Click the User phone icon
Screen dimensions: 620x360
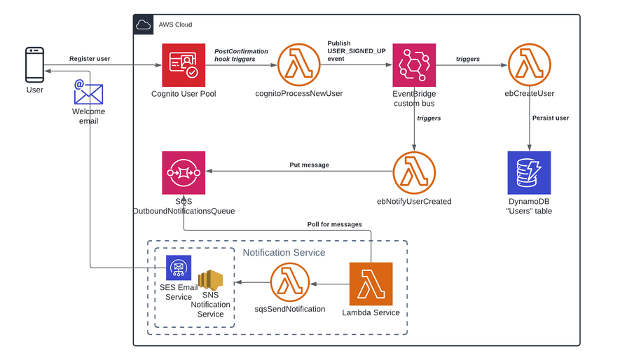[x=35, y=65]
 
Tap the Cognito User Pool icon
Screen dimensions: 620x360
[x=184, y=65]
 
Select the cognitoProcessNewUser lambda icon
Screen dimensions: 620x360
[x=298, y=65]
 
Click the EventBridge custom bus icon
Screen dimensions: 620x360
[x=414, y=65]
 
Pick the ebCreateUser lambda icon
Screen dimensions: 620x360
[x=529, y=65]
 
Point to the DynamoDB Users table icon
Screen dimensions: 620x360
[x=529, y=173]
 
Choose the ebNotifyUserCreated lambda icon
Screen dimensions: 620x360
[x=414, y=173]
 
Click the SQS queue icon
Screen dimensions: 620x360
[x=184, y=173]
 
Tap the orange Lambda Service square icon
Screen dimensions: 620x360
[x=371, y=284]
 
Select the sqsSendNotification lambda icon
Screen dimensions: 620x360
[x=290, y=282]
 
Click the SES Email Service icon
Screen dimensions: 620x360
[x=179, y=268]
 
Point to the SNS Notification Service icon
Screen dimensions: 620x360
[x=210, y=279]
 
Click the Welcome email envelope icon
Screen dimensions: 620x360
[x=88, y=92]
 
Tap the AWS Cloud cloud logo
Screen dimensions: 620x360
[x=143, y=25]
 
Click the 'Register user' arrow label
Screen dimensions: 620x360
[x=90, y=59]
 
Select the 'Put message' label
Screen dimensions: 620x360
[x=309, y=165]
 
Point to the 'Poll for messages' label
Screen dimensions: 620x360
[x=334, y=224]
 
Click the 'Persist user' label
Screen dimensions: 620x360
[x=551, y=118]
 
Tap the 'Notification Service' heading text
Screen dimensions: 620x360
[x=284, y=253]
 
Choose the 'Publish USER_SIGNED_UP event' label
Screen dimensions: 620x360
[x=357, y=51]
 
